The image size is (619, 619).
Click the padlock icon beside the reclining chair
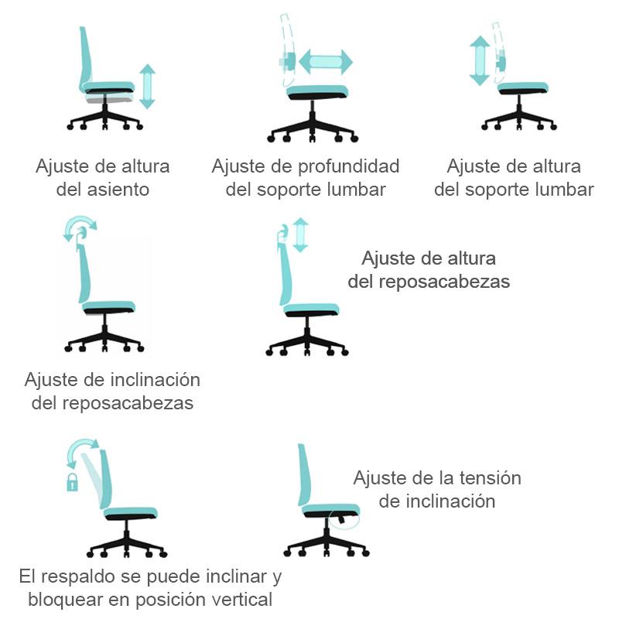pyautogui.click(x=72, y=484)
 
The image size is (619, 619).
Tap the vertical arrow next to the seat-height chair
pyautogui.click(x=148, y=86)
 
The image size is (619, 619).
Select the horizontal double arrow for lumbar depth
pyautogui.click(x=325, y=62)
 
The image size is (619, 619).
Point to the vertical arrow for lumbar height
pyautogui.click(x=480, y=60)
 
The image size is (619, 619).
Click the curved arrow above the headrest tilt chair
pyautogui.click(x=80, y=227)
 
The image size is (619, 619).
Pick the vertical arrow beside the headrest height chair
pyautogui.click(x=300, y=234)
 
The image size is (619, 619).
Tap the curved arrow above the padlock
pyautogui.click(x=82, y=450)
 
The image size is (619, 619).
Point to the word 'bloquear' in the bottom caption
pyautogui.click(x=63, y=600)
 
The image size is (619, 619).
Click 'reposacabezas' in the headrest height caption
pyautogui.click(x=444, y=282)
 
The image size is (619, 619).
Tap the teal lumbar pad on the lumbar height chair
pyautogui.click(x=500, y=63)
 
